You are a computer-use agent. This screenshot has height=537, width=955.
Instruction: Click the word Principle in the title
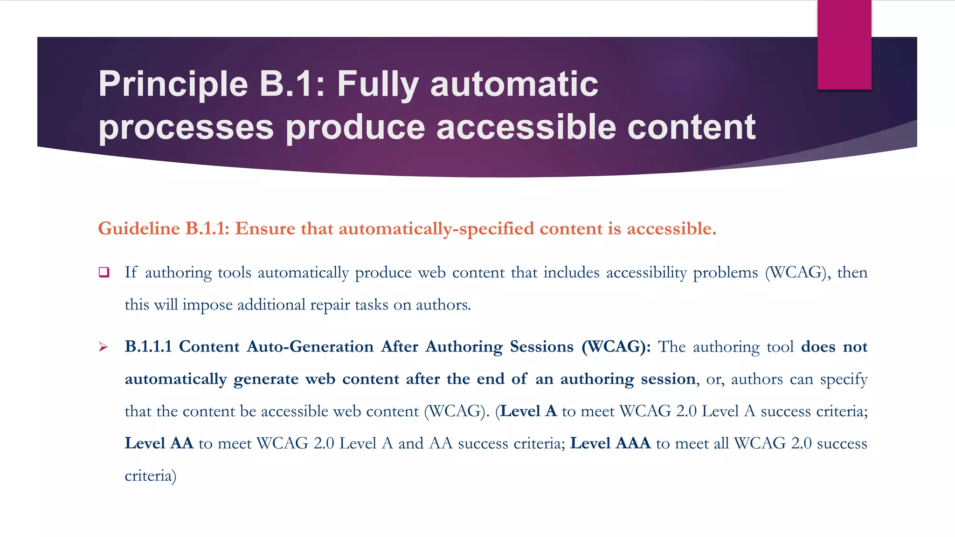click(x=173, y=84)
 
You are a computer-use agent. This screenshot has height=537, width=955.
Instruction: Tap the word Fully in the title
click(x=378, y=84)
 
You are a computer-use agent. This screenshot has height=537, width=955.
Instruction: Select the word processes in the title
click(x=186, y=127)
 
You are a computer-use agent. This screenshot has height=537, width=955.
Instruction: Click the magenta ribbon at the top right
click(x=844, y=44)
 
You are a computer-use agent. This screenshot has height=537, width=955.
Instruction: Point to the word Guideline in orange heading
click(x=139, y=228)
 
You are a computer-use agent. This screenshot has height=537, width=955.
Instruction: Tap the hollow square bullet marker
click(x=104, y=272)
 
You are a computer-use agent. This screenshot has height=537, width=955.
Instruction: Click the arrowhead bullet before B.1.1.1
click(x=104, y=347)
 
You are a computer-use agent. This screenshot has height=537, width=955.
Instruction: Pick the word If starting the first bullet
click(x=131, y=272)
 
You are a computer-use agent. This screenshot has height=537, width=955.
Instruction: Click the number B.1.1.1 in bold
click(x=148, y=346)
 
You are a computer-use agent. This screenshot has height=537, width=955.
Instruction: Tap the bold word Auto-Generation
click(x=310, y=346)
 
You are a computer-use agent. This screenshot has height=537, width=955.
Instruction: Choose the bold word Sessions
click(x=541, y=346)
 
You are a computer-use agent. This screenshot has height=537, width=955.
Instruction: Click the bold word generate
click(x=266, y=379)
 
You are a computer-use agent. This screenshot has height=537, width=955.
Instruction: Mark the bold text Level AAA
click(x=610, y=443)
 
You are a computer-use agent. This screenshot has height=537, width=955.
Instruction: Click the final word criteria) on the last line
click(x=150, y=475)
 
